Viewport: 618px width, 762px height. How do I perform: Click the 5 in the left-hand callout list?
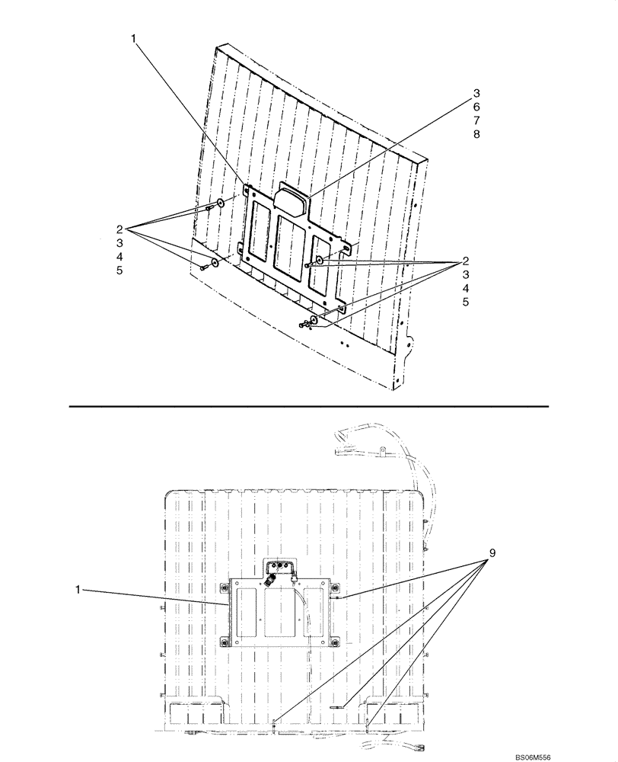pos(119,271)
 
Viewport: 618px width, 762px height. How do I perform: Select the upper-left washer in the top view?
pos(219,203)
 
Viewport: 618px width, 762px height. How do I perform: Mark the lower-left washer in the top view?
pos(215,262)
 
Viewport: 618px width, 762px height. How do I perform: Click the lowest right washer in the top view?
pos(314,319)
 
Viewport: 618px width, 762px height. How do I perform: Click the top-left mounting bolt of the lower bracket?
pos(225,587)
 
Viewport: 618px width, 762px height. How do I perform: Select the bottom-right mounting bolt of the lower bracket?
pos(333,642)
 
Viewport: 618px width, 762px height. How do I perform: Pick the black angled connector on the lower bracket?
pos(271,582)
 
